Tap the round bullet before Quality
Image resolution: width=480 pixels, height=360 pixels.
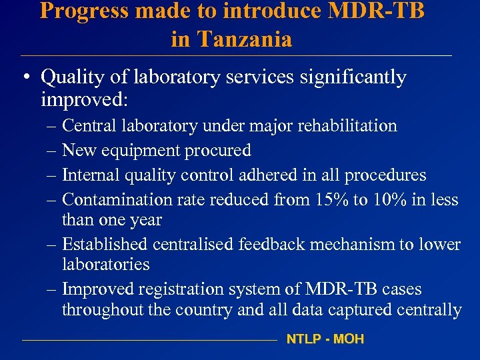pyautogui.click(x=24, y=78)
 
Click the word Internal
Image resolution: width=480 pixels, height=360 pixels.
pyautogui.click(x=87, y=175)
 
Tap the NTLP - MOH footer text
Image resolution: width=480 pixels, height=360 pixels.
pyautogui.click(x=325, y=339)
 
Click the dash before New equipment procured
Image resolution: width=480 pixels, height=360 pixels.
pyautogui.click(x=51, y=151)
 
